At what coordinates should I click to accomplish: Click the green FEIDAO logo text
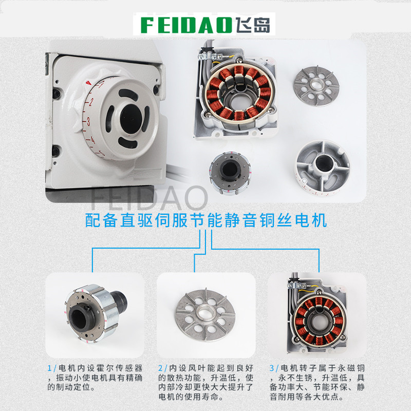(x=186, y=25)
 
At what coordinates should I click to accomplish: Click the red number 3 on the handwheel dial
(x=88, y=121)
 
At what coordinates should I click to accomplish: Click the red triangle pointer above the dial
(x=88, y=83)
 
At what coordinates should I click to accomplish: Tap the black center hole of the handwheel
(x=132, y=119)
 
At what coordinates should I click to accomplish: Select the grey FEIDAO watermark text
(x=149, y=198)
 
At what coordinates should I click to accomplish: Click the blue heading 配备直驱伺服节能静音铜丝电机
(x=206, y=220)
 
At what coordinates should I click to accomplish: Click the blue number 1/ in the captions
(x=52, y=368)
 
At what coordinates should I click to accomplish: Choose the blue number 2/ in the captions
(x=163, y=368)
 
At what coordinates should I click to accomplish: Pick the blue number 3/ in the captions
(x=274, y=368)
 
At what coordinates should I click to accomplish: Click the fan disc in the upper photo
(x=316, y=86)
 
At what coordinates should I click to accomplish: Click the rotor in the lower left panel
(x=96, y=313)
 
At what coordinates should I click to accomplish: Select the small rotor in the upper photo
(x=230, y=173)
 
